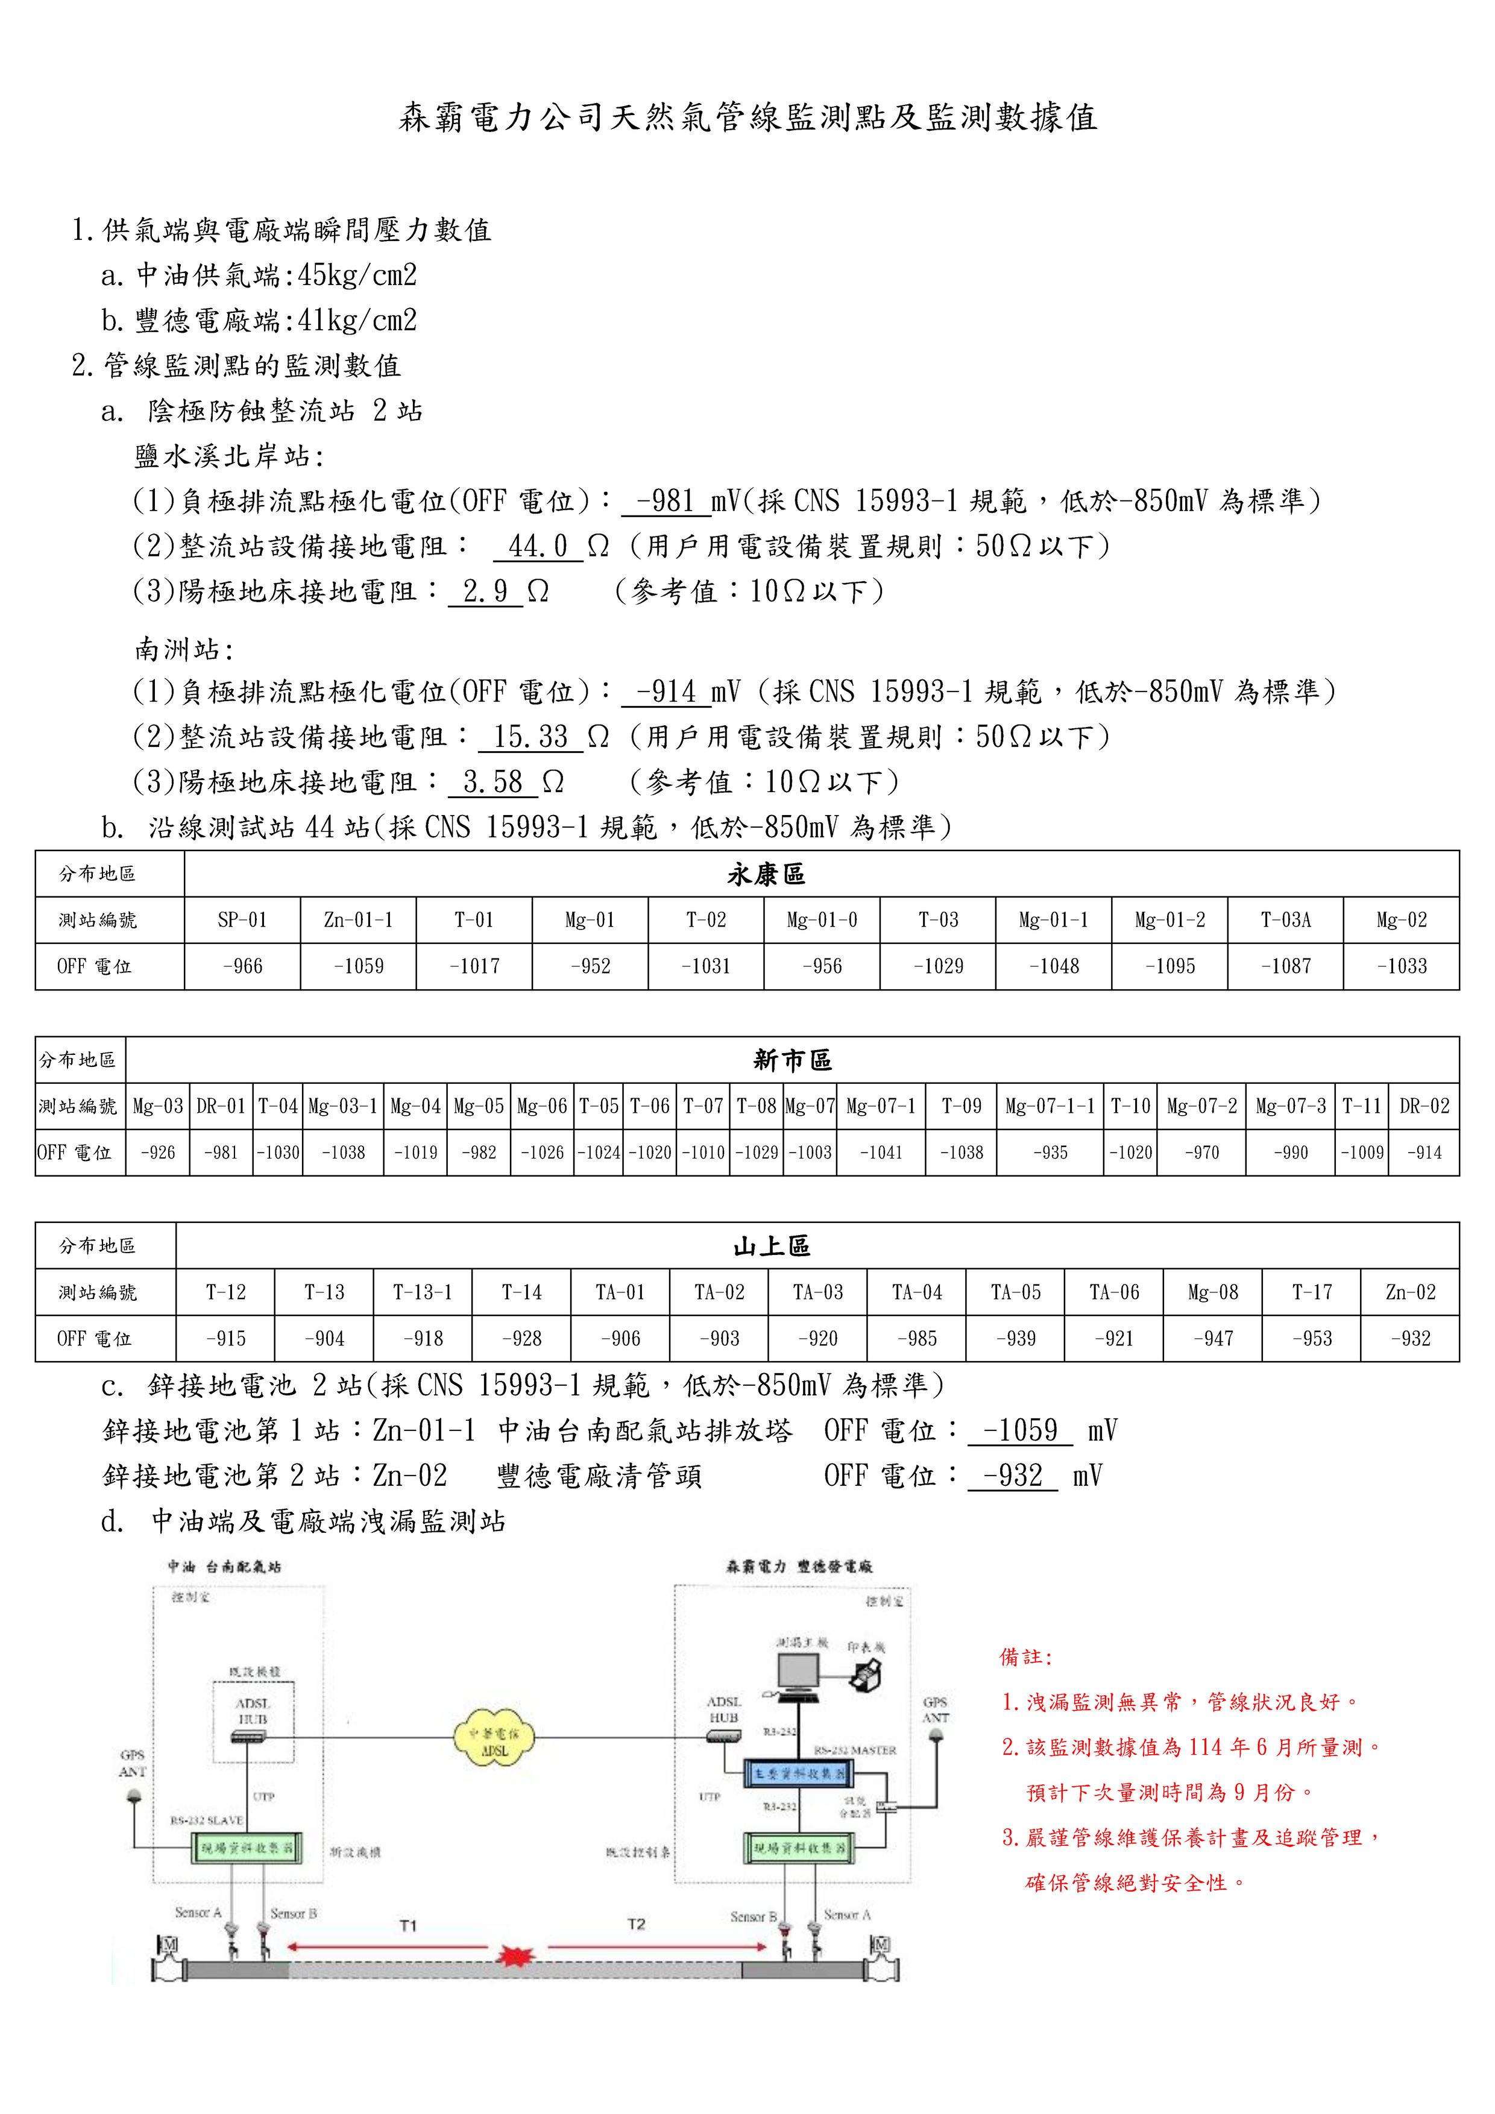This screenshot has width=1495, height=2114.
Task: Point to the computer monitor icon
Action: tap(798, 1675)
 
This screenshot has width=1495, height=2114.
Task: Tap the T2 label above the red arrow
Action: tap(636, 1924)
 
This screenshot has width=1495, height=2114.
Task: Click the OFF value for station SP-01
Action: tap(242, 966)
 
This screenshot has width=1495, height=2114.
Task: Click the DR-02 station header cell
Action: tap(1424, 1106)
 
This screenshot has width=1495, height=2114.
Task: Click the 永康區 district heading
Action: tap(766, 874)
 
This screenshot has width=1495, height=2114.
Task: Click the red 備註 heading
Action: tap(1025, 1656)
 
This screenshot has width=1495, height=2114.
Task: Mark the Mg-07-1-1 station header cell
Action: tap(1050, 1106)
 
